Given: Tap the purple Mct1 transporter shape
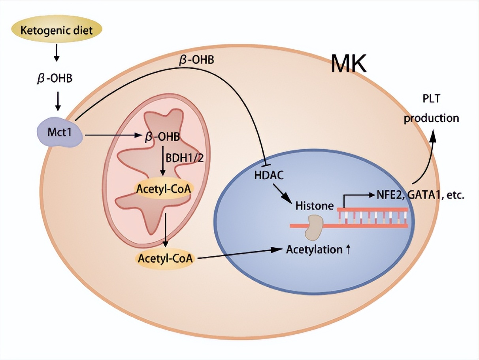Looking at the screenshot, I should (59, 133).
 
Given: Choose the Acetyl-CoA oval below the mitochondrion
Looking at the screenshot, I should (165, 258).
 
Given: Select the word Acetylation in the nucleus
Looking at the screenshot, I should (314, 250).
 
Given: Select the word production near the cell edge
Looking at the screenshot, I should (431, 118).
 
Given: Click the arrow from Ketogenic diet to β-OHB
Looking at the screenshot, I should (57, 53).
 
